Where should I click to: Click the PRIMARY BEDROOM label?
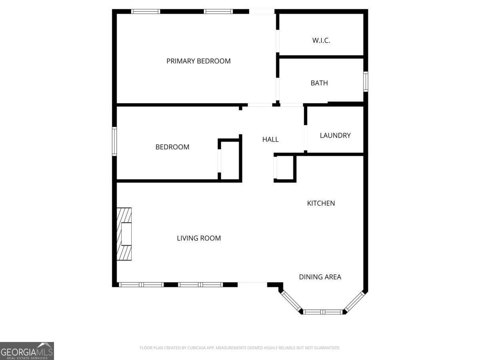click(x=198, y=61)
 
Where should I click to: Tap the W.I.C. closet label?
click(x=321, y=40)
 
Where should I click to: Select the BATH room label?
click(x=319, y=83)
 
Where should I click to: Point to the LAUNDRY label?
click(x=335, y=136)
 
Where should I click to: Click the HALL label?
click(x=270, y=140)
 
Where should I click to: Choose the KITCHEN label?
click(x=321, y=203)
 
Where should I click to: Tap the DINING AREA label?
click(x=320, y=277)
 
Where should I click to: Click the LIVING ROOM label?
click(x=199, y=238)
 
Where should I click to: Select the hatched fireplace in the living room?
click(x=124, y=234)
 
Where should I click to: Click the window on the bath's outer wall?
click(x=366, y=82)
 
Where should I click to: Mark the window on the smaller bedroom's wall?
click(x=114, y=142)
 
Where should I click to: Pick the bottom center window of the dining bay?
click(x=322, y=312)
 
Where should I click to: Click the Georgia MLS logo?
click(x=27, y=351)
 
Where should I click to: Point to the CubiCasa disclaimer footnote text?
click(x=240, y=348)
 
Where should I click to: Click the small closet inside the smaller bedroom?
click(x=230, y=160)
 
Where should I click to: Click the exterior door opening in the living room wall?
click(x=252, y=284)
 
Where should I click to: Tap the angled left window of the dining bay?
click(x=291, y=301)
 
